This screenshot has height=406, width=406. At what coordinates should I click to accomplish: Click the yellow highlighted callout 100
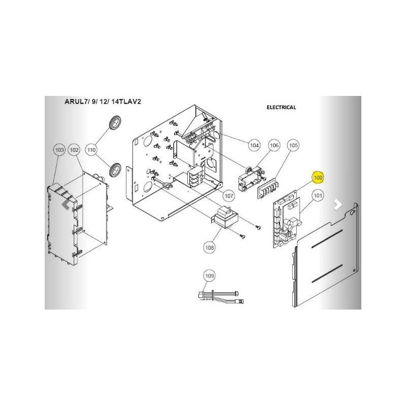pyautogui.click(x=318, y=178)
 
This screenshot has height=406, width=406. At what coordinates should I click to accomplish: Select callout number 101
pyautogui.click(x=318, y=195)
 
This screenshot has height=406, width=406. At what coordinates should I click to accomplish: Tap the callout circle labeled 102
pyautogui.click(x=74, y=150)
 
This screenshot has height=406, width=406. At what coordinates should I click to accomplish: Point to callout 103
pyautogui.click(x=59, y=150)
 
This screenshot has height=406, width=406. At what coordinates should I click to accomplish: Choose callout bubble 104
pyautogui.click(x=254, y=145)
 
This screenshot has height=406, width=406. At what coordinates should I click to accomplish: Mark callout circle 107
pyautogui.click(x=229, y=196)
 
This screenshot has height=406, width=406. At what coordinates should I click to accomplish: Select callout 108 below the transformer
pyautogui.click(x=209, y=248)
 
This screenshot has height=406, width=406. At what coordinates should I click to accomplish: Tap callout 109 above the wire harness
pyautogui.click(x=209, y=276)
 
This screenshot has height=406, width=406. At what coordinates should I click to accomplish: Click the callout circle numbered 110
pyautogui.click(x=91, y=150)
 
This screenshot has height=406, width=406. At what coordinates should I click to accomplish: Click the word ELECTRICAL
pyautogui.click(x=281, y=107)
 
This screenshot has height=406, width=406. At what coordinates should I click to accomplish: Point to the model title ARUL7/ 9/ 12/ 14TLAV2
pyautogui.click(x=103, y=101)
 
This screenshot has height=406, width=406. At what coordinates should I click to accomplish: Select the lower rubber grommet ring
pyautogui.click(x=115, y=170)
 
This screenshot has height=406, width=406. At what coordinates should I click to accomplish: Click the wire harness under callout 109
pyautogui.click(x=221, y=296)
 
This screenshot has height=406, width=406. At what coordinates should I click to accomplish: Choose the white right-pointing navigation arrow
pyautogui.click(x=337, y=205)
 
